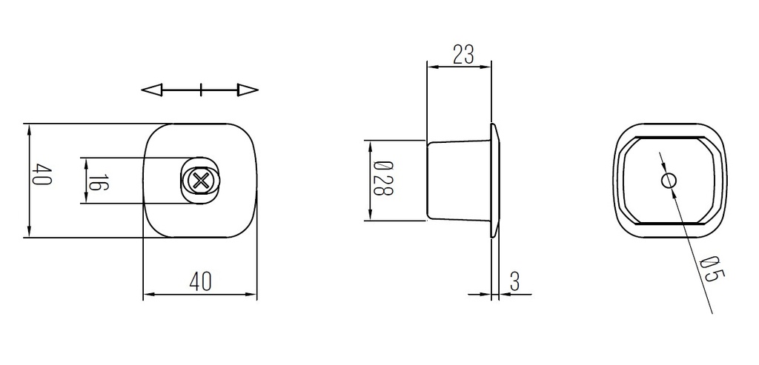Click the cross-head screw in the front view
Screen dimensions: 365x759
click(199, 180)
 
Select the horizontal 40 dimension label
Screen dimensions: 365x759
click(200, 281)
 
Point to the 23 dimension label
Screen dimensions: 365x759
click(463, 55)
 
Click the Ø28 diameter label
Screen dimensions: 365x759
click(382, 179)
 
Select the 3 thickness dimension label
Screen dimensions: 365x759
click(515, 281)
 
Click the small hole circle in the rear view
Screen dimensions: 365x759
click(669, 180)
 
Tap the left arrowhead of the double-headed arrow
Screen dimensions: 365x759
click(151, 90)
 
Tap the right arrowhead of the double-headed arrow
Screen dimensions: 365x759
click(248, 90)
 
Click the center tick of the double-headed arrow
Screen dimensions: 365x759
click(201, 90)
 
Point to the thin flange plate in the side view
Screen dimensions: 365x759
click(494, 180)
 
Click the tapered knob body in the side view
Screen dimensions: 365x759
click(458, 180)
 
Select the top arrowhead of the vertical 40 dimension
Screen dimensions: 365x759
click(30, 130)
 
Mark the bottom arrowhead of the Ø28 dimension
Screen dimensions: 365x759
click(368, 215)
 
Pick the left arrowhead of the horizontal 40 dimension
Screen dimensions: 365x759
click(148, 295)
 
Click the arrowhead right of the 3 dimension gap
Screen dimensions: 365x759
click(504, 295)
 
